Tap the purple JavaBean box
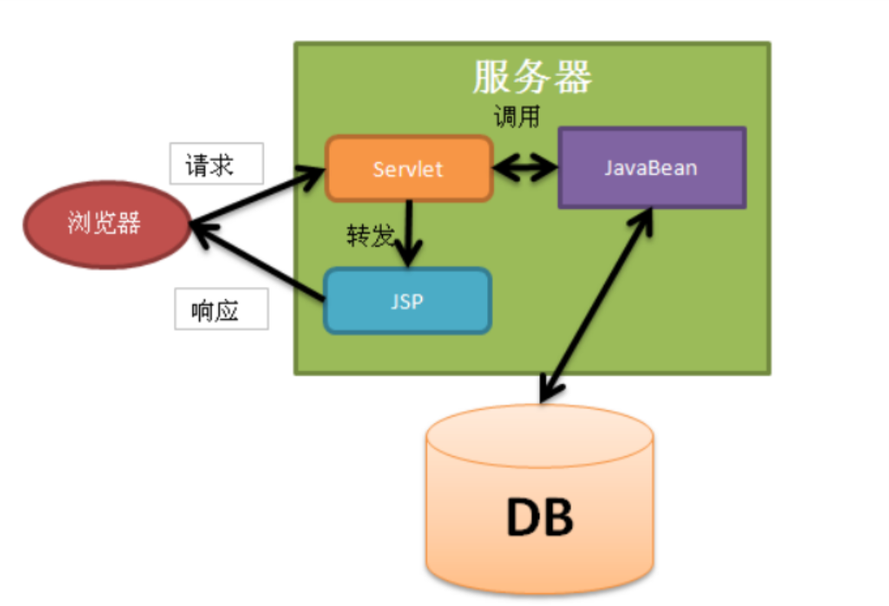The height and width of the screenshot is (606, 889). click(x=652, y=168)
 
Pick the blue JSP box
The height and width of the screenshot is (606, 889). click(x=407, y=300)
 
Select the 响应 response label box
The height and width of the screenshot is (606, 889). click(x=221, y=309)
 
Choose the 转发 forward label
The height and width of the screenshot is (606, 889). click(x=370, y=236)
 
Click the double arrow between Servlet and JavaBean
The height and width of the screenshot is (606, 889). click(x=525, y=168)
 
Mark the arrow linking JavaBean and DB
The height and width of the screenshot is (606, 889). click(x=596, y=305)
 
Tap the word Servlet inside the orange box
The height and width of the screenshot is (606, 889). click(x=408, y=169)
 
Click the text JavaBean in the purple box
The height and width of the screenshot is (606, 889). click(x=652, y=168)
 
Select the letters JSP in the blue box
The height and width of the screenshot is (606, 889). click(x=407, y=301)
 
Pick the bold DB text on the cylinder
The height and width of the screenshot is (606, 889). click(x=539, y=518)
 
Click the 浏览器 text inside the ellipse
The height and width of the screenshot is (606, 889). click(x=104, y=224)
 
